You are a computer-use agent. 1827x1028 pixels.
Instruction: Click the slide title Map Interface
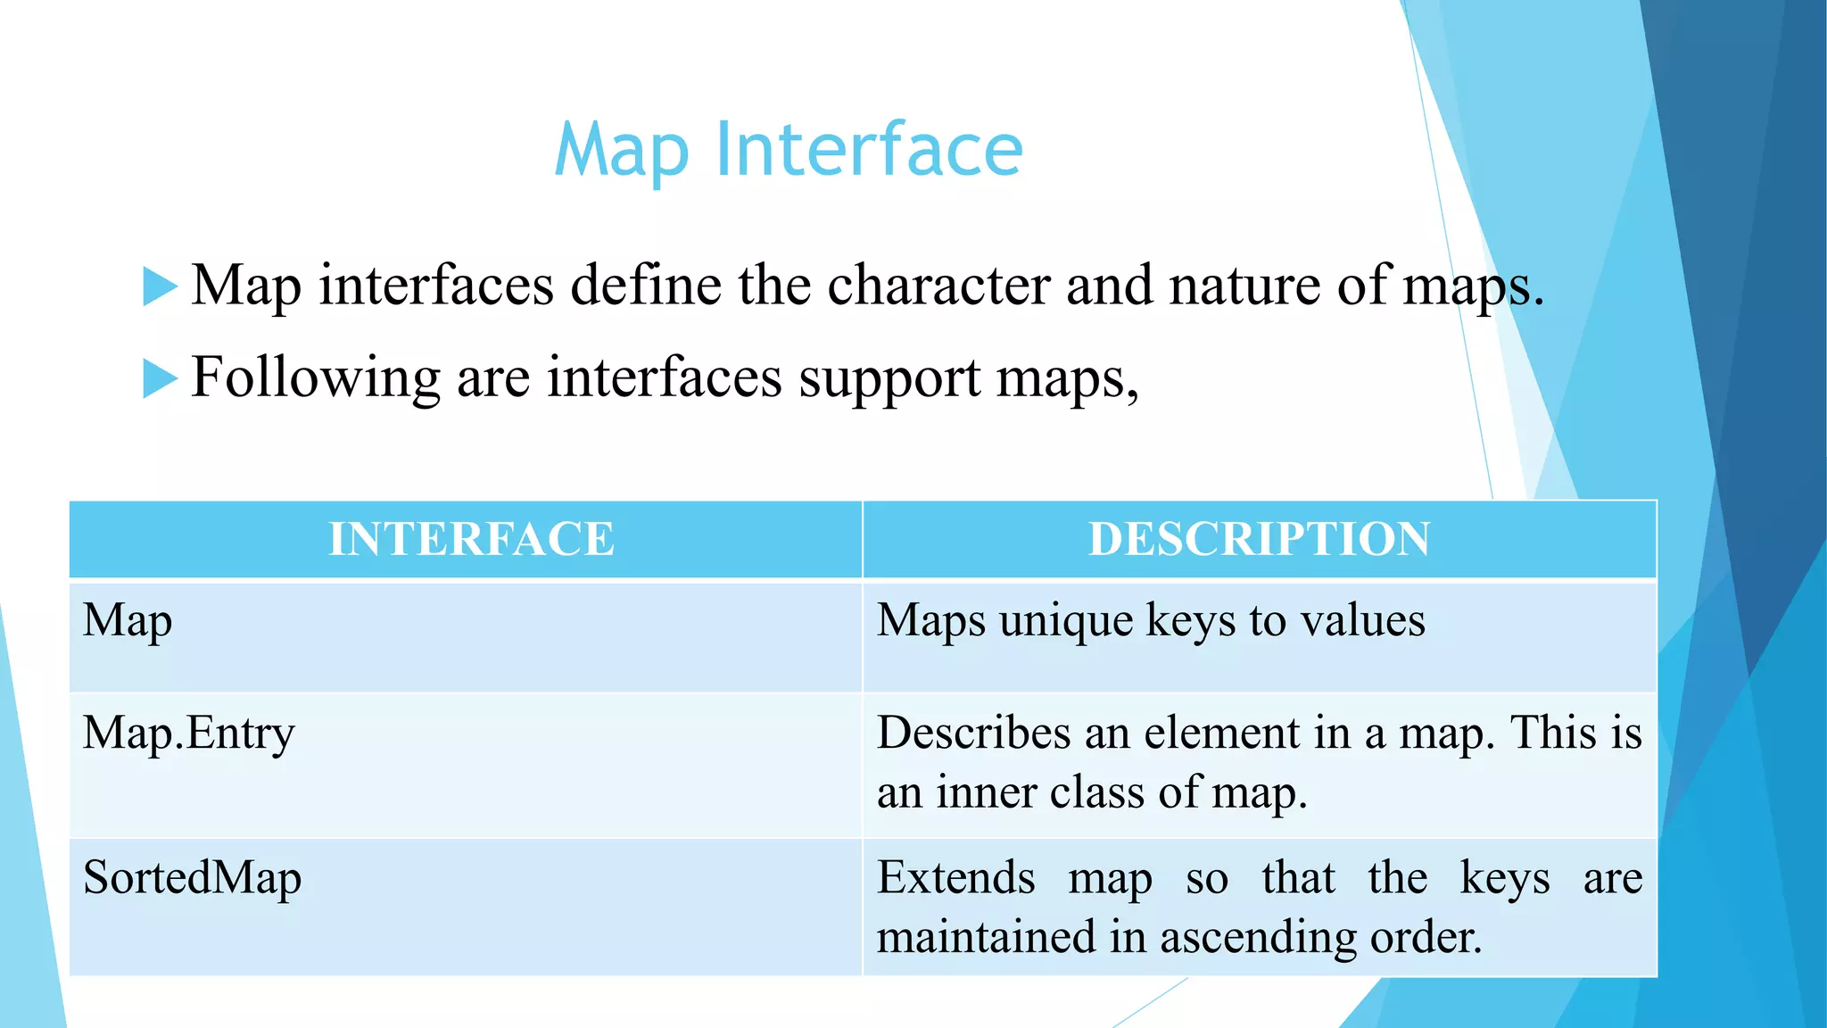(789, 150)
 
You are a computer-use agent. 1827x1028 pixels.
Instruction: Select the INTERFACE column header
(471, 539)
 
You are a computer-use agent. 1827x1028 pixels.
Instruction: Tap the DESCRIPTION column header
(1259, 539)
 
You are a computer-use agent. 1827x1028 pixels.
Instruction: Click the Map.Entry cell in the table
(188, 734)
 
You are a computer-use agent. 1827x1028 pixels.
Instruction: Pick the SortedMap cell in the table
(192, 877)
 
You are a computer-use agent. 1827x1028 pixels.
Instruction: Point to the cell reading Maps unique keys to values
(1151, 621)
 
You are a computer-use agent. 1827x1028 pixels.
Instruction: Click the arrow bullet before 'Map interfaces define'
(161, 286)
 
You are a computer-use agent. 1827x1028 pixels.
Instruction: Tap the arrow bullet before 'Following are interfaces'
(161, 378)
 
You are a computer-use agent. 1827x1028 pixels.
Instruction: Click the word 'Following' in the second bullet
(316, 378)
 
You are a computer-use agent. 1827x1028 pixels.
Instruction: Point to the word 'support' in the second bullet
(889, 380)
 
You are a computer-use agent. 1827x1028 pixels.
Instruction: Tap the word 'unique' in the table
(1066, 622)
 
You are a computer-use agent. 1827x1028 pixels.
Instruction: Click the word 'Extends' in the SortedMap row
(955, 877)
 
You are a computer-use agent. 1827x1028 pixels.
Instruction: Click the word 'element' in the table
(1221, 733)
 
